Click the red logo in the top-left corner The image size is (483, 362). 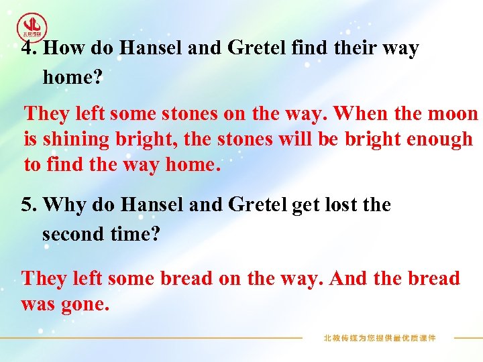[x=32, y=27]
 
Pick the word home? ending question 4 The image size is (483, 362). [x=72, y=77]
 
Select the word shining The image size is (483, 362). [x=74, y=139]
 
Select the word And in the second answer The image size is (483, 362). [x=347, y=278]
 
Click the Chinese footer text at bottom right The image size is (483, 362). [x=380, y=338]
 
